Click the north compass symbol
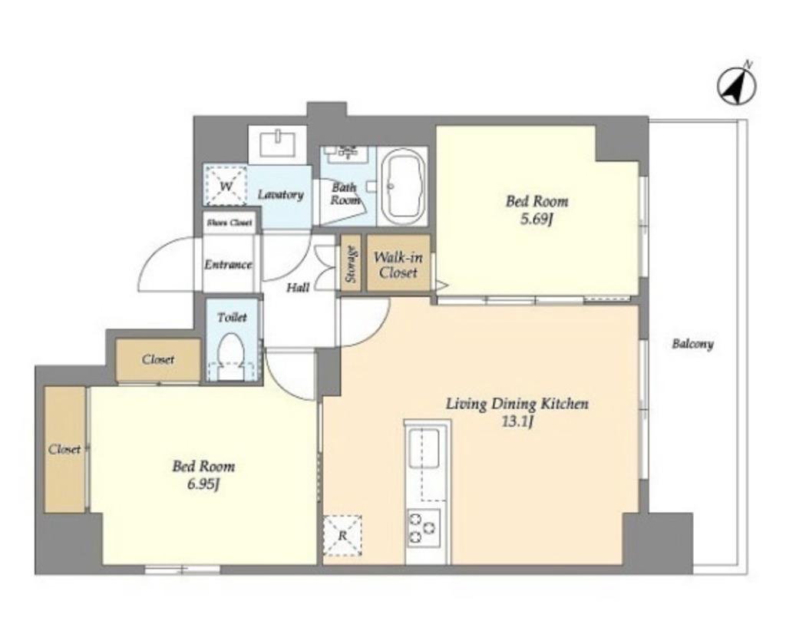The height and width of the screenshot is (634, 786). pyautogui.click(x=736, y=86)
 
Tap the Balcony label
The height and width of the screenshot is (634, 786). pyautogui.click(x=692, y=344)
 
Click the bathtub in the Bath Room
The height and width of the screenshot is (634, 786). pyautogui.click(x=403, y=187)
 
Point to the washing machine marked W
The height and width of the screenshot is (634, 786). pyautogui.click(x=226, y=186)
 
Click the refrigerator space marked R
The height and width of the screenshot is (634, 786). pyautogui.click(x=342, y=535)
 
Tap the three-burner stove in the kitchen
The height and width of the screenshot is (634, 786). pyautogui.click(x=423, y=528)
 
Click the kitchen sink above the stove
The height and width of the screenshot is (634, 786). pyautogui.click(x=424, y=448)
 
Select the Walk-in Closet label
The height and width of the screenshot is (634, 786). pyautogui.click(x=398, y=265)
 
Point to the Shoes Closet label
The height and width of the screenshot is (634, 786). pyautogui.click(x=230, y=223)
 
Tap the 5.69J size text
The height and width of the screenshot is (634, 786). pyautogui.click(x=536, y=220)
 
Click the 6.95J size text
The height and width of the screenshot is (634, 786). pyautogui.click(x=203, y=484)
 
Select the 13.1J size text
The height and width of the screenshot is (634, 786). pyautogui.click(x=517, y=421)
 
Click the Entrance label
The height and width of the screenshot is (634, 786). pyautogui.click(x=227, y=265)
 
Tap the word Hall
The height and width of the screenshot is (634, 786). pyautogui.click(x=298, y=288)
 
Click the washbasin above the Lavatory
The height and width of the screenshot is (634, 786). pyautogui.click(x=278, y=144)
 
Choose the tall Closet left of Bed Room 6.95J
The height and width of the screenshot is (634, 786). pyautogui.click(x=64, y=449)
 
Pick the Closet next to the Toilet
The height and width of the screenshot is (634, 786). pyautogui.click(x=158, y=359)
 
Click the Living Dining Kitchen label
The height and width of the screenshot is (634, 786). pyautogui.click(x=517, y=404)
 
